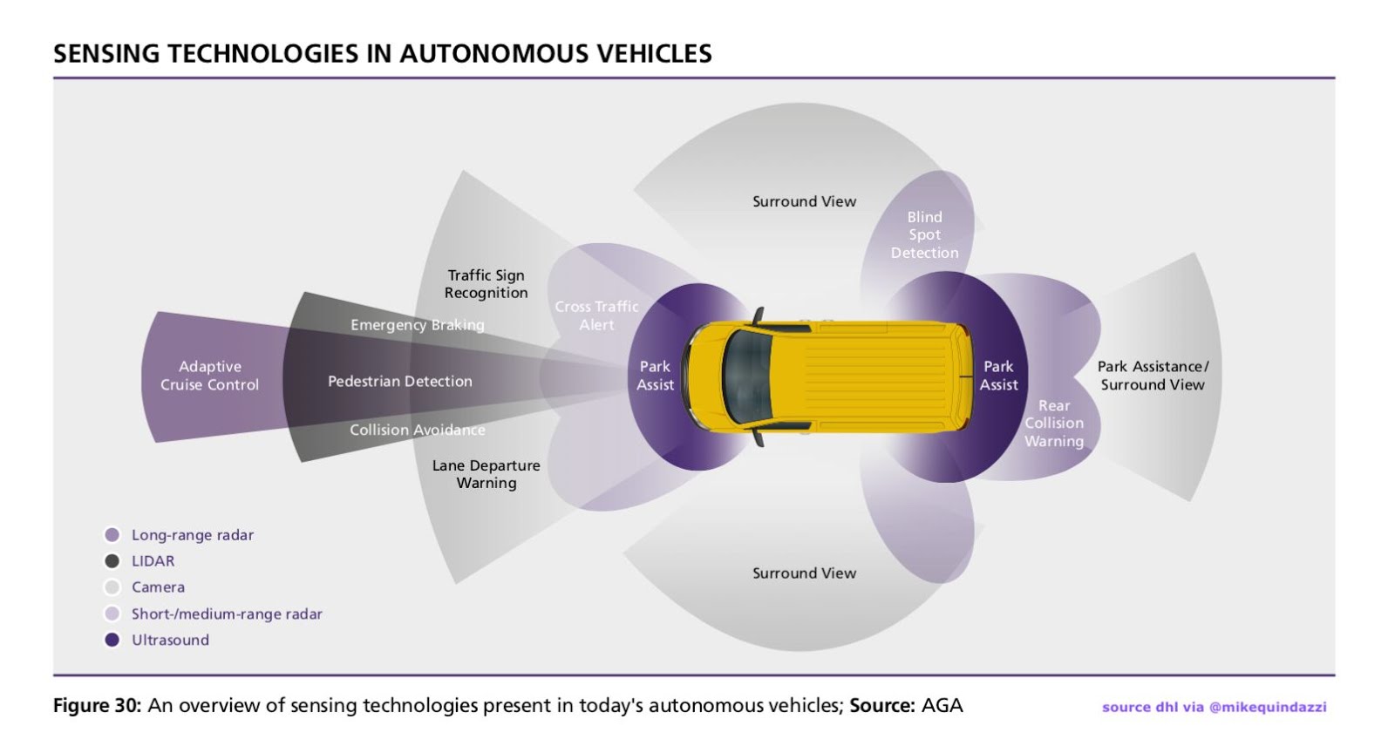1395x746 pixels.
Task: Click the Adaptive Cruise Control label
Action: click(x=209, y=376)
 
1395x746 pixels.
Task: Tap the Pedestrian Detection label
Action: click(x=399, y=381)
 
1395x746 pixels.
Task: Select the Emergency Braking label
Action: click(x=417, y=325)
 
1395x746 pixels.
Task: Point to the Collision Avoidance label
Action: click(x=417, y=430)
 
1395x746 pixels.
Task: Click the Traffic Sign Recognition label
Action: click(x=486, y=284)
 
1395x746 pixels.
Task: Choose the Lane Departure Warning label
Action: click(x=486, y=474)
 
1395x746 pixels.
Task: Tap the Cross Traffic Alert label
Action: click(x=596, y=315)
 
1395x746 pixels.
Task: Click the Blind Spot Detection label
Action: click(x=924, y=234)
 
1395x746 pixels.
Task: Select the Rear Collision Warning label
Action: click(x=1053, y=424)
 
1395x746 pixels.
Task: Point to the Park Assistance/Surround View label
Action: click(x=1153, y=376)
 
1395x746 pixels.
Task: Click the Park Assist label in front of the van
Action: click(x=655, y=376)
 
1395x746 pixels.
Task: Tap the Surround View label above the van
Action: click(x=804, y=201)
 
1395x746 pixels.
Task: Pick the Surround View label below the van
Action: click(x=804, y=573)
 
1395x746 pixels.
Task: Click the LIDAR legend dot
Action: click(x=112, y=561)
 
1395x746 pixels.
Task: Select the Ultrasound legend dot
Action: click(x=112, y=640)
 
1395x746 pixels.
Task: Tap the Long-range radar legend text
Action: click(x=192, y=535)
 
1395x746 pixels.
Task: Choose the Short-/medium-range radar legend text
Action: click(x=227, y=614)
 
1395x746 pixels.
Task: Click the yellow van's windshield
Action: click(x=745, y=376)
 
